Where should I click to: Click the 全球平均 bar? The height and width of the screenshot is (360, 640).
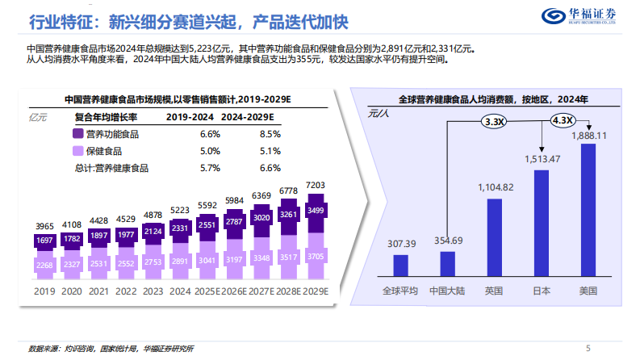400,266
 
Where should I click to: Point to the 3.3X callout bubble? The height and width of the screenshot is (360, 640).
494,122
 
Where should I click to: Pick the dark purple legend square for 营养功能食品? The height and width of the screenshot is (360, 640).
78,134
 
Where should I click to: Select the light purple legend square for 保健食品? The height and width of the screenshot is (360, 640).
78,151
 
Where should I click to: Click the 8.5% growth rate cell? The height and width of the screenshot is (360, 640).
270,134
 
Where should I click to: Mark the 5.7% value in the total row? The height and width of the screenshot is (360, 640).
210,168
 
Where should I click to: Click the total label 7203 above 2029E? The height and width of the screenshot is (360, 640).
316,186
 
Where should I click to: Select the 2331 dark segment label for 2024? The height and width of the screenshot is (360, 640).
180,228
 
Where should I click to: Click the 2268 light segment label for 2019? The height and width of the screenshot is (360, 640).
44,264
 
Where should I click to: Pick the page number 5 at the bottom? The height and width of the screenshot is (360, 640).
587,348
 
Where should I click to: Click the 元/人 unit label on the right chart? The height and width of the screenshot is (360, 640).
379,115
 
